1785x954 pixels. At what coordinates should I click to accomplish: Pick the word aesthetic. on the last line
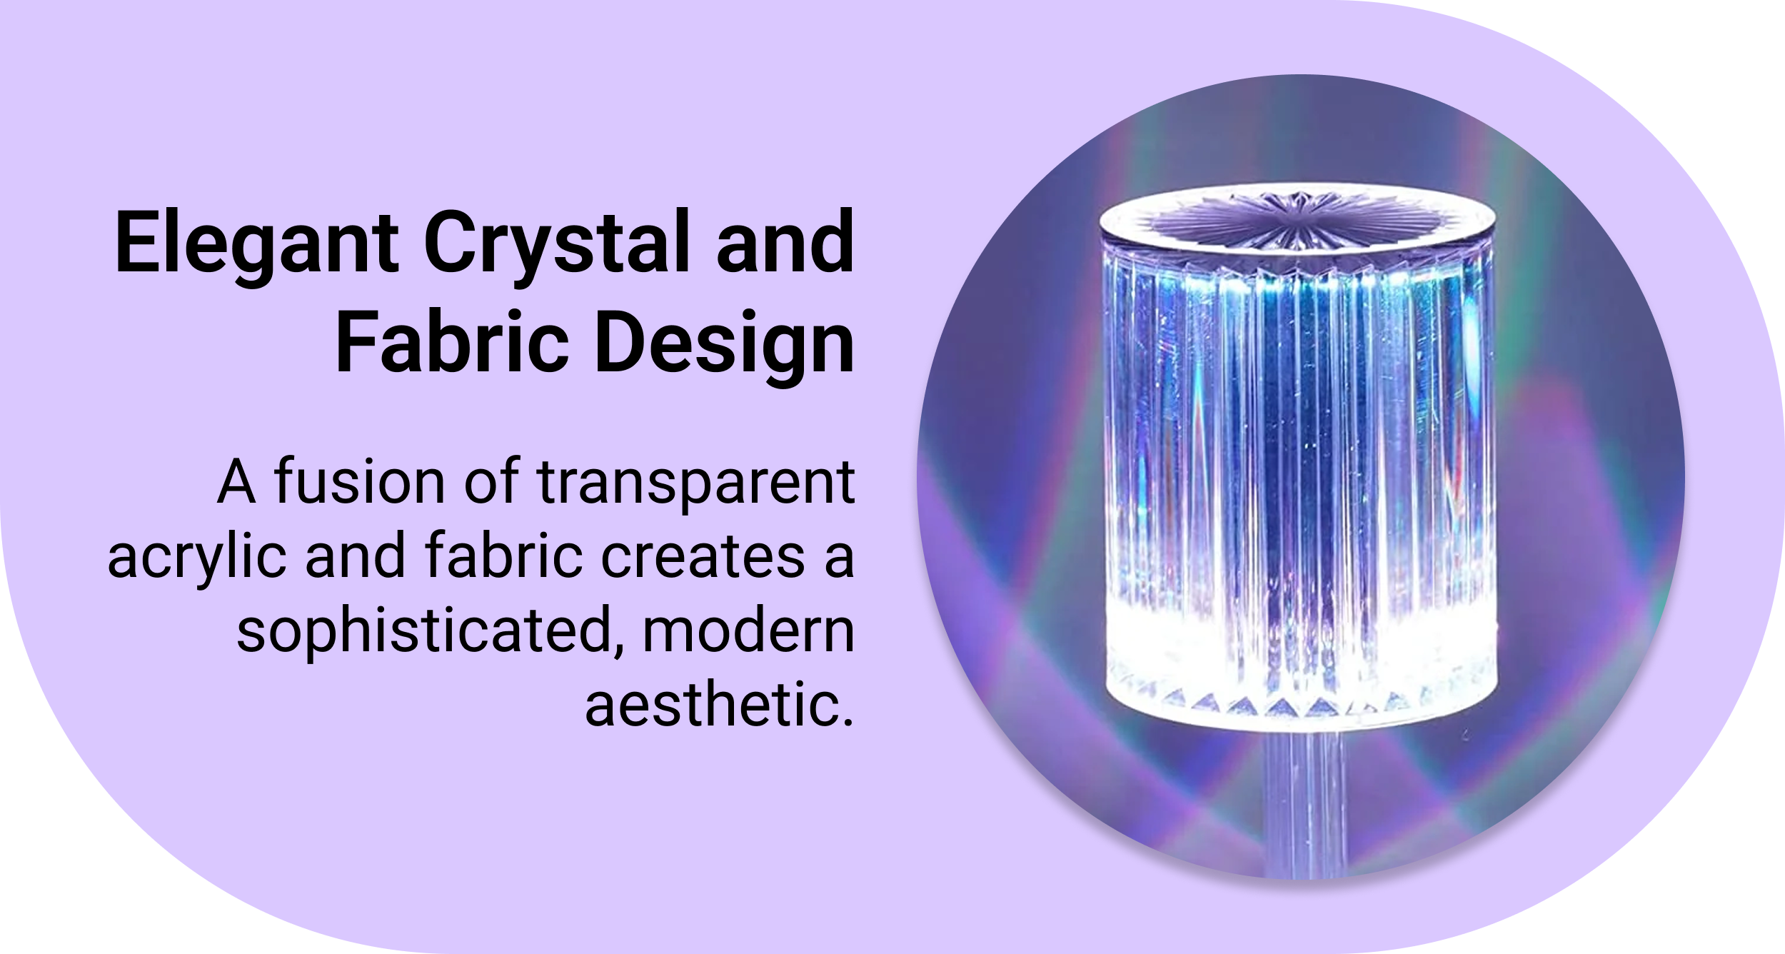click(719, 705)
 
